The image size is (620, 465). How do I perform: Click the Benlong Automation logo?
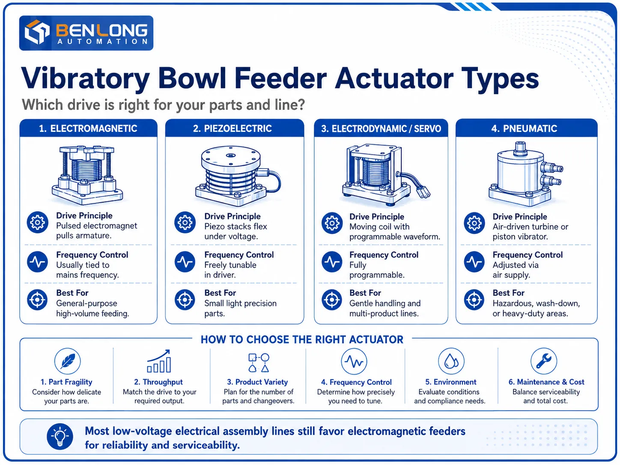pyautogui.click(x=86, y=33)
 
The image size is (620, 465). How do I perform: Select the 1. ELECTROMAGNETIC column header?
pyautogui.click(x=88, y=129)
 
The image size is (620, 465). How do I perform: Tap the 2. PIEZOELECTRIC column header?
pyautogui.click(x=232, y=129)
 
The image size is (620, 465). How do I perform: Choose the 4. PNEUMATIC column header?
pyautogui.click(x=524, y=129)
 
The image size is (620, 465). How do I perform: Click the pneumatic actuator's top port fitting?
pyautogui.click(x=520, y=149)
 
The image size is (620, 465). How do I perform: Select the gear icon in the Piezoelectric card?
pyautogui.click(x=185, y=223)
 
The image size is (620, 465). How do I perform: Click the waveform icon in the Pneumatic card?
pyautogui.click(x=474, y=262)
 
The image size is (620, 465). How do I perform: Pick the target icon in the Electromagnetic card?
pyautogui.click(x=37, y=300)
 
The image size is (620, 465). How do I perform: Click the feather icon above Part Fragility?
pyautogui.click(x=67, y=361)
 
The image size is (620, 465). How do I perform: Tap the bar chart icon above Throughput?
pyautogui.click(x=159, y=361)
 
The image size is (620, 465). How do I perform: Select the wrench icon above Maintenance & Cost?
pyautogui.click(x=543, y=361)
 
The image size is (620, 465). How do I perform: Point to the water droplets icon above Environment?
pyautogui.click(x=451, y=361)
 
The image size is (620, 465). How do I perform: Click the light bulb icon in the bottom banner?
pyautogui.click(x=60, y=436)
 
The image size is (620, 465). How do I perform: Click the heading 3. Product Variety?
pyautogui.click(x=257, y=382)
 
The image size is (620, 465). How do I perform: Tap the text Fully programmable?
pyautogui.click(x=377, y=270)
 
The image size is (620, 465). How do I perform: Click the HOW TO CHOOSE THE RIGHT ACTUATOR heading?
pyautogui.click(x=302, y=340)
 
